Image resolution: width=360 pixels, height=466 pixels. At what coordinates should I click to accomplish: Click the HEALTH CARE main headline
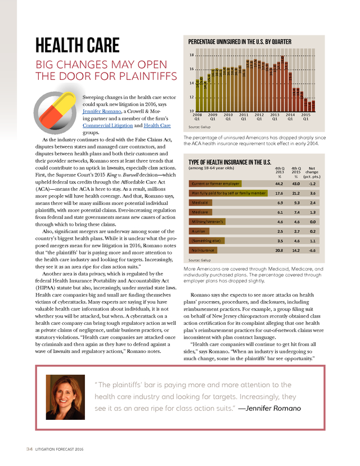78,44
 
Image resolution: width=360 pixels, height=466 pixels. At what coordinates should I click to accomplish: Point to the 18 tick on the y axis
192,55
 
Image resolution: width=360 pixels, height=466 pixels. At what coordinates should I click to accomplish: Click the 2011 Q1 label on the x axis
244,117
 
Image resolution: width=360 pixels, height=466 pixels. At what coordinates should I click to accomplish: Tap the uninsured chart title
240,42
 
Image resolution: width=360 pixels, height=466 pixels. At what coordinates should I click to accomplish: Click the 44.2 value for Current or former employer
278,183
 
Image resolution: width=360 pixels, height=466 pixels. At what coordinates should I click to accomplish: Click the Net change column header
312,171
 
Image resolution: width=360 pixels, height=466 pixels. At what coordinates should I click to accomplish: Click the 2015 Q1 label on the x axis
305,117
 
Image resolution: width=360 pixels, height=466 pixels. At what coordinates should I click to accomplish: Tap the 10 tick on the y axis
192,111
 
